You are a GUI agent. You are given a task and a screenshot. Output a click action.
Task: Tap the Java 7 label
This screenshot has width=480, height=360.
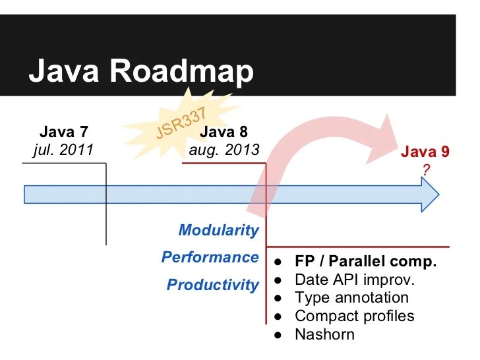pyautogui.click(x=63, y=133)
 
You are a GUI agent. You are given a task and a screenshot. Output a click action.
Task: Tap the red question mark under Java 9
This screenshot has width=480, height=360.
pyautogui.click(x=426, y=169)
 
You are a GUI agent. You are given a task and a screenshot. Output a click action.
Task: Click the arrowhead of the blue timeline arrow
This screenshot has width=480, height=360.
pyautogui.click(x=429, y=195)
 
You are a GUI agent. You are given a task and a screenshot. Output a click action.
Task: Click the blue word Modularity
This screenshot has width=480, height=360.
pyautogui.click(x=218, y=230)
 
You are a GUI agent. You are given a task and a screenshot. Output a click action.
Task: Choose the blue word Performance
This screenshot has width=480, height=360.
pyautogui.click(x=210, y=257)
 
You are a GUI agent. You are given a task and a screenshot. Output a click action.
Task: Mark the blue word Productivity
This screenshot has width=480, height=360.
pyautogui.click(x=212, y=285)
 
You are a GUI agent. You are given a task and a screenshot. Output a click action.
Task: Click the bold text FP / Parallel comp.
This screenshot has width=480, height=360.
pyautogui.click(x=365, y=261)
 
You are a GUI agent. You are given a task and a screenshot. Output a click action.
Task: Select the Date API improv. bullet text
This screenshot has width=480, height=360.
pyautogui.click(x=354, y=280)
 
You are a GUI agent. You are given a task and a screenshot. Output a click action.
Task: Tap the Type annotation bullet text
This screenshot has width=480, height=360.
pyautogui.click(x=351, y=298)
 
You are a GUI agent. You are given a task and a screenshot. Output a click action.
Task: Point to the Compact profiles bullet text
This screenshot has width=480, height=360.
pyautogui.click(x=354, y=316)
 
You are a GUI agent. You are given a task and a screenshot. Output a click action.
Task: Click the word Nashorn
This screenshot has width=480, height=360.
pyautogui.click(x=324, y=334)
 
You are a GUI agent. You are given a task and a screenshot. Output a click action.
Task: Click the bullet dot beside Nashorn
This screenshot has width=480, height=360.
pyautogui.click(x=279, y=335)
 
